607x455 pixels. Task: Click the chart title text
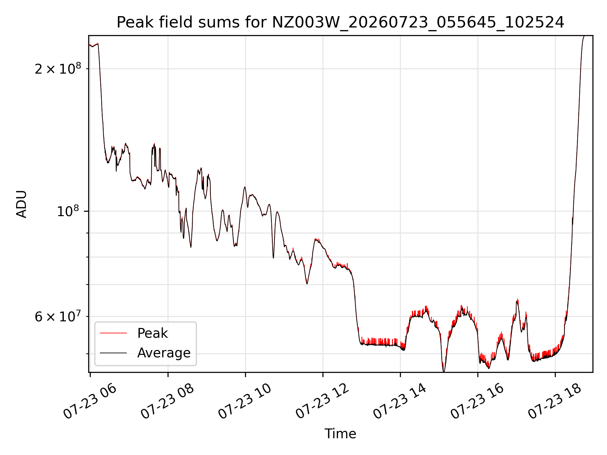coord(340,22)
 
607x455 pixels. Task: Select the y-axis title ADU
coord(21,204)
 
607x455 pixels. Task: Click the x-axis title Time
coord(340,434)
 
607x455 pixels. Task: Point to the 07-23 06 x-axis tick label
coord(90,402)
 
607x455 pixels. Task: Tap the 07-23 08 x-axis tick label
coord(168,402)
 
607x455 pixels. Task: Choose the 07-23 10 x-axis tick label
coord(245,402)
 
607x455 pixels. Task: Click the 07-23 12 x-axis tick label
coord(323,402)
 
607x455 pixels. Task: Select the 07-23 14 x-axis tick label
coord(400,402)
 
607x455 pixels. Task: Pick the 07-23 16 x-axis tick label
coord(478,402)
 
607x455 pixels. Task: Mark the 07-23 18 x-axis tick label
coord(555,402)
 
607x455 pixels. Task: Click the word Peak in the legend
coord(152,333)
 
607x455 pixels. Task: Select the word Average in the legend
coord(164,353)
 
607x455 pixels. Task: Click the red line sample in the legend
coord(113,333)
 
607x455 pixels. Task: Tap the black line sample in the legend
coord(113,353)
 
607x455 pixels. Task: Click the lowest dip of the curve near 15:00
coord(444,371)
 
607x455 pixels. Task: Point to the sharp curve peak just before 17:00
coord(517,300)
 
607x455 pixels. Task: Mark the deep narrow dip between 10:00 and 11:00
coord(273,258)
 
